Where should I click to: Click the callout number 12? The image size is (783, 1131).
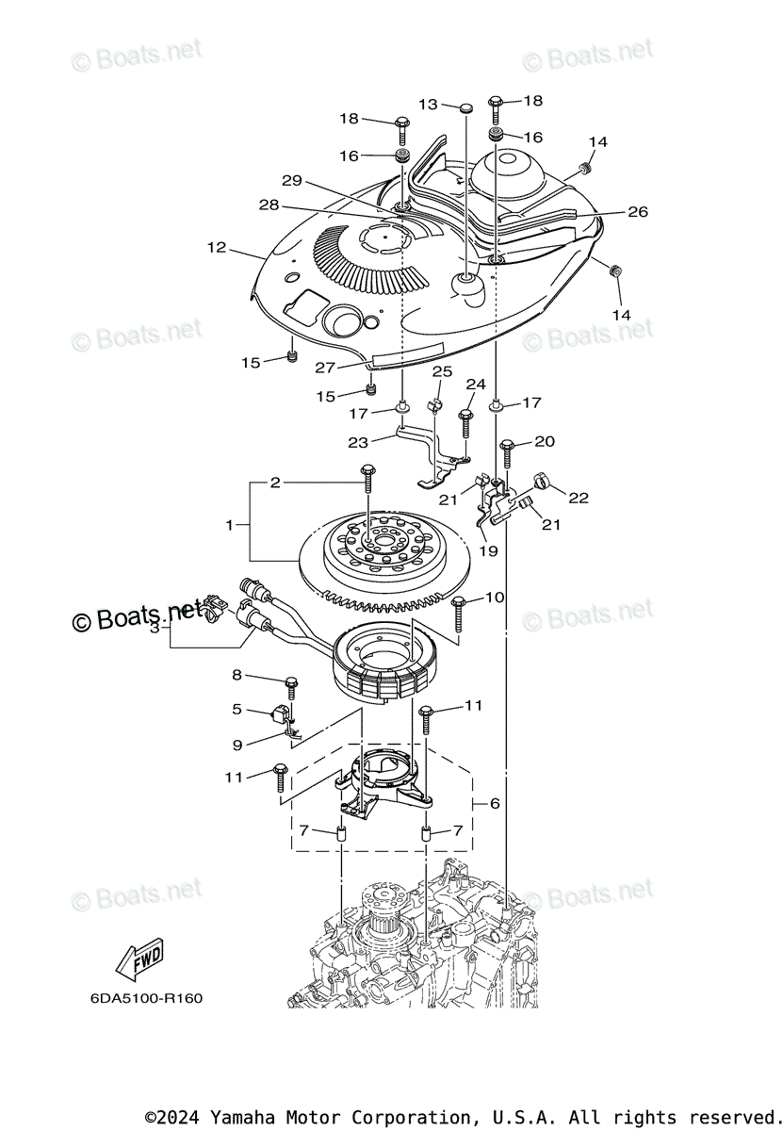coord(217,248)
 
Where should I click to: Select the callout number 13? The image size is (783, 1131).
coord(429,105)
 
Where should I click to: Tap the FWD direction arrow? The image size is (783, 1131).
coord(139,959)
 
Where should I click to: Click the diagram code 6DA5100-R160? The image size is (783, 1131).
coord(146,998)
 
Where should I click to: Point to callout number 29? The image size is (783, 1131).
coord(291,180)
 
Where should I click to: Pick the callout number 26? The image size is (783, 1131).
coord(638,212)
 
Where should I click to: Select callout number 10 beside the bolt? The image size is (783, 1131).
coord(495,598)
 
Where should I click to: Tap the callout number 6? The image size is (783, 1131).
coord(494,804)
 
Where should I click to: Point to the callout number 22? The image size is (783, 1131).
coord(578,497)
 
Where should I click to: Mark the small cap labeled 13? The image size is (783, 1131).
coord(466,109)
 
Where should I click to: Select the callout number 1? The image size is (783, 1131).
coord(229,524)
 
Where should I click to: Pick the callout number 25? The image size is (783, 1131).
coord(442,372)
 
